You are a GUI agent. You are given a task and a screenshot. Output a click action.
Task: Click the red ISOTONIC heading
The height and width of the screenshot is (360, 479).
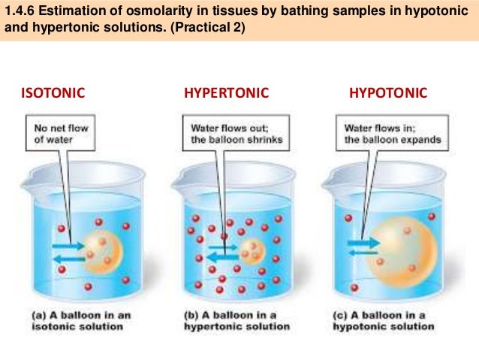pos(53,93)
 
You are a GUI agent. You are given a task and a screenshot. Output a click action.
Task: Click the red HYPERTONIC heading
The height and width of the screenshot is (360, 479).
pos(225,93)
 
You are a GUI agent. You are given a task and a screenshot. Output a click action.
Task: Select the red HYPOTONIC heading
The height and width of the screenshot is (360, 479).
pos(388,93)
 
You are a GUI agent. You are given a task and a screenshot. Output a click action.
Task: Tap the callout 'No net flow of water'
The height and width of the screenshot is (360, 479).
pos(62,133)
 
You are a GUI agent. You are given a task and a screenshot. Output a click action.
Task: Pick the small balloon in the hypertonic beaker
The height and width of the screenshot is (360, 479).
pos(252,250)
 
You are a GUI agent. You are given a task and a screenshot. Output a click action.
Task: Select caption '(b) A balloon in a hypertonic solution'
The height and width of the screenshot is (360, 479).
pos(236,321)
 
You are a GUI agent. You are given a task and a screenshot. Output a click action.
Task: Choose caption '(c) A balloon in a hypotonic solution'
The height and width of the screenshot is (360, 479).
pos(384,321)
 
